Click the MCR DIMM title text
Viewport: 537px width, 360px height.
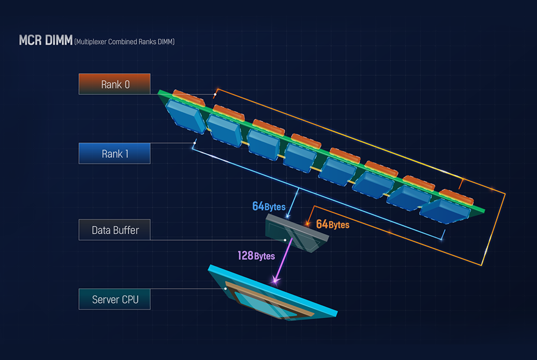[46, 40]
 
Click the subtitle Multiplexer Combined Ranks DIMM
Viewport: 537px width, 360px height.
[125, 42]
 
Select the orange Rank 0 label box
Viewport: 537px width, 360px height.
[114, 84]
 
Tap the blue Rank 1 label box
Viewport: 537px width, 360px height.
[114, 153]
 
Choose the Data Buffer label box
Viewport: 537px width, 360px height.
[114, 229]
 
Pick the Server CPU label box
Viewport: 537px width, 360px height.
[114, 299]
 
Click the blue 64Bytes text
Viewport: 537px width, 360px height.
[269, 206]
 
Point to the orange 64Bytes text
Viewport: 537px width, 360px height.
[332, 225]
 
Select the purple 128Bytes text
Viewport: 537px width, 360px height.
[256, 256]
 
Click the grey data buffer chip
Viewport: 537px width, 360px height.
[296, 233]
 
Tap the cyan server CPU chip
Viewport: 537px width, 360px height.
[272, 293]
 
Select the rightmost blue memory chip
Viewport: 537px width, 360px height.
[445, 211]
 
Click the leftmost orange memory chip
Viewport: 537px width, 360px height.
[188, 97]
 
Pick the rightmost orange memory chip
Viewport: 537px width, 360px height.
[456, 197]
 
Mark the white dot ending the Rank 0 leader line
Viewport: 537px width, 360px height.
[215, 94]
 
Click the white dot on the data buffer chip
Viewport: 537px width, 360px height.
[285, 240]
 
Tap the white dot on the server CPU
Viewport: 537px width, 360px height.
[226, 289]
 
